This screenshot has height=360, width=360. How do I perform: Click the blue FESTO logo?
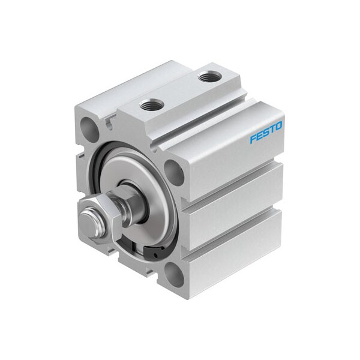point(266,133)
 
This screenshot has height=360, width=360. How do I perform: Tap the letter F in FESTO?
point(253,139)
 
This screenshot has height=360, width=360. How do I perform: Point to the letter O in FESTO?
point(278,126)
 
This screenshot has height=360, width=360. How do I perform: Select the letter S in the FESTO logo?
point(266,133)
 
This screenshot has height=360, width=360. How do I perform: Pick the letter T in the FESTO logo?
point(272,130)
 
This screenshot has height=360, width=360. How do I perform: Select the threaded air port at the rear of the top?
point(209,76)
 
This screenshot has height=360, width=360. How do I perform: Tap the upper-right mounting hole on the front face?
point(174,172)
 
